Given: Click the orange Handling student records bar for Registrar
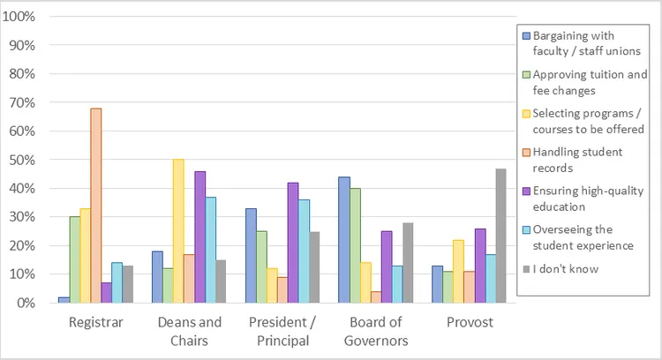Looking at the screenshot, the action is pos(96,206).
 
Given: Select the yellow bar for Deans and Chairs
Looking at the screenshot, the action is pos(178,231).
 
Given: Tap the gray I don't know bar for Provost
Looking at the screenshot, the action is pos(500,236).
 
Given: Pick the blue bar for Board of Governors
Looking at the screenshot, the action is pos(344,240).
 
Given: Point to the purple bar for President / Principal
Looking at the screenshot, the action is pos(293,243).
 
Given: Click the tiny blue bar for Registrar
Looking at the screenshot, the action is pos(64,300).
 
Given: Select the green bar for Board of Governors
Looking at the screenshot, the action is pos(355,245).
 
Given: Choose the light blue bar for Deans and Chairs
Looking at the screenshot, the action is pos(210,250).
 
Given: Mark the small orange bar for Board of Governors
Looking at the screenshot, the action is pos(376,297).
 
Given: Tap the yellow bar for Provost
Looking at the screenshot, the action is pos(458,272).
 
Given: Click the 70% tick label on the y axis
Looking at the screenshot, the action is pos(22,102).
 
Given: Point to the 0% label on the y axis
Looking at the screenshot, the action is pos(26,303).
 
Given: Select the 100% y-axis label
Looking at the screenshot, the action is pos(19,17).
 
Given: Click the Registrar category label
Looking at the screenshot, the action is pos(96,322).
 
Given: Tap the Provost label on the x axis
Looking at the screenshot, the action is pos(470,322).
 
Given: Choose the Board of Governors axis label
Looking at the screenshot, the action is pos(376,331).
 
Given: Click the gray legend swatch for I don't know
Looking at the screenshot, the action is pos(526,269).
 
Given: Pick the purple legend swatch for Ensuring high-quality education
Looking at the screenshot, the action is pos(526,191).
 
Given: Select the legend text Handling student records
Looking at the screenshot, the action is pos(577,160).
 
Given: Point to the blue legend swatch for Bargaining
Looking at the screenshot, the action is pos(526,36).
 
